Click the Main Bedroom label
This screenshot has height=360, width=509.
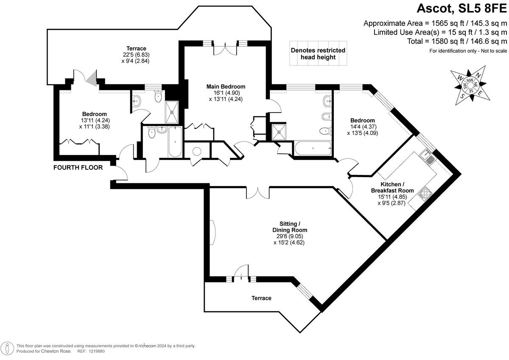(x=226, y=87)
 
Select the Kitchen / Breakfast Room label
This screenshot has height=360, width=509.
(x=397, y=187)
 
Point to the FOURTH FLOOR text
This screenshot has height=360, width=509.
(x=78, y=168)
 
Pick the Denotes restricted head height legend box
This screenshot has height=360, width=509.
(x=318, y=53)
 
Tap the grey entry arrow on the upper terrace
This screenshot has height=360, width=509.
(x=91, y=77)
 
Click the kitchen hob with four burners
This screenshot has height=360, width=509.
(x=425, y=194)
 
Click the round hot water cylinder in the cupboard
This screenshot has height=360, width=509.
(x=197, y=152)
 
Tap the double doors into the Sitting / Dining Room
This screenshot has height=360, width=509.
(x=257, y=192)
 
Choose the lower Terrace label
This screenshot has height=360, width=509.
(x=261, y=298)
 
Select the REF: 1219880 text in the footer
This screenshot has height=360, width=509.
(x=91, y=352)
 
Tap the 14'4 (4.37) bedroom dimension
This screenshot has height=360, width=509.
(x=362, y=127)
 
